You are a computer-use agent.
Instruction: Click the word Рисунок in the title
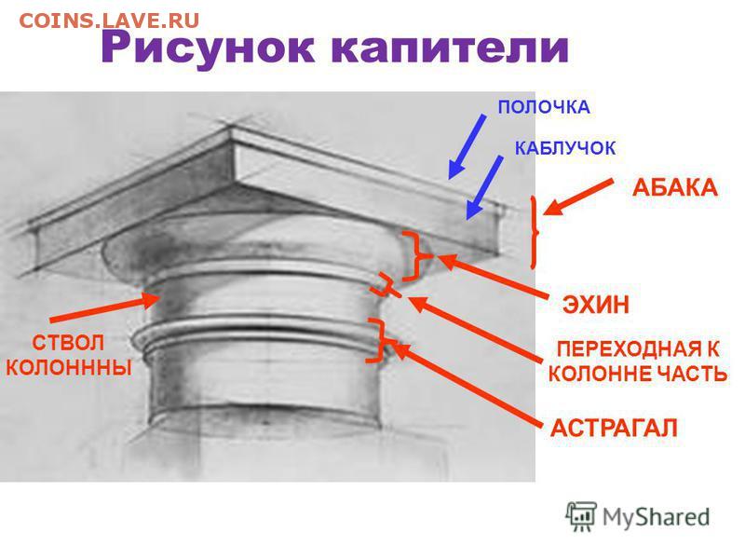click(x=207, y=48)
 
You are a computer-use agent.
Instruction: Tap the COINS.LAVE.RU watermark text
click(x=109, y=20)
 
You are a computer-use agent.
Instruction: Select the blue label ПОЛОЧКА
click(x=544, y=107)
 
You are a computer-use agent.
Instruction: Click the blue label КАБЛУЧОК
click(x=565, y=148)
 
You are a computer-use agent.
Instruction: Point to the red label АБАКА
click(x=674, y=188)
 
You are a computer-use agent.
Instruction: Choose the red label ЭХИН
click(x=596, y=305)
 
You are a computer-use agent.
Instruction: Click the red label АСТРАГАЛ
click(x=614, y=429)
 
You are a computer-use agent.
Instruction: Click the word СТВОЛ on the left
click(x=68, y=342)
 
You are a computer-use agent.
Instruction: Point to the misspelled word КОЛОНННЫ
click(x=69, y=367)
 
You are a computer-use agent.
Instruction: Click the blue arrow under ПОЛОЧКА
click(x=467, y=146)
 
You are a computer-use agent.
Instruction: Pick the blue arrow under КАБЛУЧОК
click(x=483, y=187)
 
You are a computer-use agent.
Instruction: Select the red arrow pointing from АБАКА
click(x=577, y=197)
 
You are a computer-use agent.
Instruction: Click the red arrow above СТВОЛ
click(x=104, y=308)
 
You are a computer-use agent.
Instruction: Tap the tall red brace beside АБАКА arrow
click(x=535, y=233)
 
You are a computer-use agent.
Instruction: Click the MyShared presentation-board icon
click(x=581, y=516)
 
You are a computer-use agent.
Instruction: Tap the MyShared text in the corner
click(x=657, y=518)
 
